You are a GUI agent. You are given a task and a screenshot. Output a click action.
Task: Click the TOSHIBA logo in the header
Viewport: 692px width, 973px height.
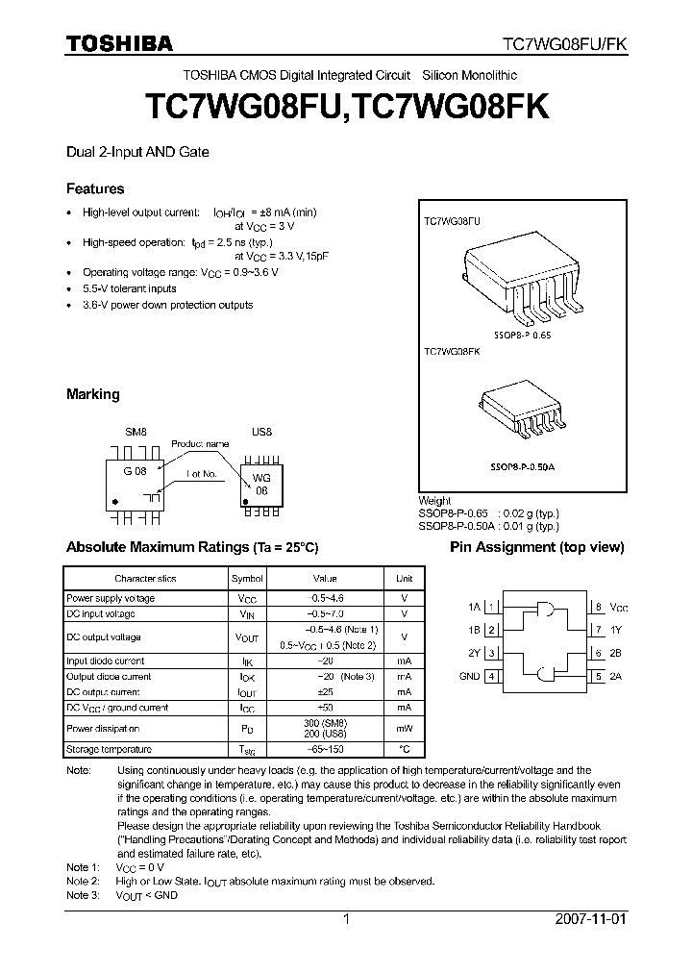119,43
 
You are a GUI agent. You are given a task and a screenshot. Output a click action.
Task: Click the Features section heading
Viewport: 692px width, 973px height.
95,188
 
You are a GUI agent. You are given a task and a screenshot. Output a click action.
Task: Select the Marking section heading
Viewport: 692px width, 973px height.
92,394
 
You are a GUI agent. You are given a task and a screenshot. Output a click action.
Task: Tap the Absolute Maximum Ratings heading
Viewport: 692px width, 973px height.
191,547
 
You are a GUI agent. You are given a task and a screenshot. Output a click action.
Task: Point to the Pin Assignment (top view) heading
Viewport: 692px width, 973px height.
524,547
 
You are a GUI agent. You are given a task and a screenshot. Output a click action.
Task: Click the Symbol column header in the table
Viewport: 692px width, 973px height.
246,579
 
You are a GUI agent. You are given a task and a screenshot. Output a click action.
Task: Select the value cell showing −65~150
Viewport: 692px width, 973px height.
325,748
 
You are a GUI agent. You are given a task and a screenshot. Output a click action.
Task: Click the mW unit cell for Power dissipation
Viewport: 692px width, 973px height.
404,728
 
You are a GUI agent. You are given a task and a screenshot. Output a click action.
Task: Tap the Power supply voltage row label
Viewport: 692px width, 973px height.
111,598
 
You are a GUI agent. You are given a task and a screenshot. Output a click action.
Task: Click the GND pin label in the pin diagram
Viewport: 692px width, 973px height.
469,677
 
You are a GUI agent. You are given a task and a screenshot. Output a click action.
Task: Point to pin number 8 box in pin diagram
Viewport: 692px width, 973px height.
597,607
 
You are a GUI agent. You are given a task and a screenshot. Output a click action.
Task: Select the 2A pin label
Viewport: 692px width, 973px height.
616,677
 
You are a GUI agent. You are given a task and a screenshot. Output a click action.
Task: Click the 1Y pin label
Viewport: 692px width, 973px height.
616,630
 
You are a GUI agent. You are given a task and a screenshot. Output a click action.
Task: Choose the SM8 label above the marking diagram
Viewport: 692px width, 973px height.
136,432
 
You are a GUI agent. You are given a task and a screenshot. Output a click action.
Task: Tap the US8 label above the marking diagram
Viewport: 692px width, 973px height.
261,432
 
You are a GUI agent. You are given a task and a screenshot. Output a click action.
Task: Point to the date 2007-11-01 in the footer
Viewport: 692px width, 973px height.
590,919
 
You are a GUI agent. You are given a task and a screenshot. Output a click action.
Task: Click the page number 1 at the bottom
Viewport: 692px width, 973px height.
347,919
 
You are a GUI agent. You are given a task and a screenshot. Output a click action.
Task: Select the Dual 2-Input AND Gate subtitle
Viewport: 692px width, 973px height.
137,152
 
